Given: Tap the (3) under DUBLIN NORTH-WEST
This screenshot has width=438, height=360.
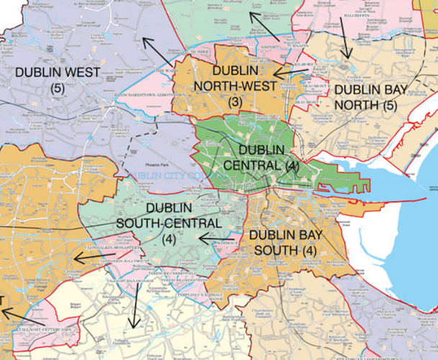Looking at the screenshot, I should coord(235,102).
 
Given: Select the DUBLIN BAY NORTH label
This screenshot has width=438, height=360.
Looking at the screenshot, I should coord(371,98).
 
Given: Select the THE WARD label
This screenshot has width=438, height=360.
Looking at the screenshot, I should coord(166,71).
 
